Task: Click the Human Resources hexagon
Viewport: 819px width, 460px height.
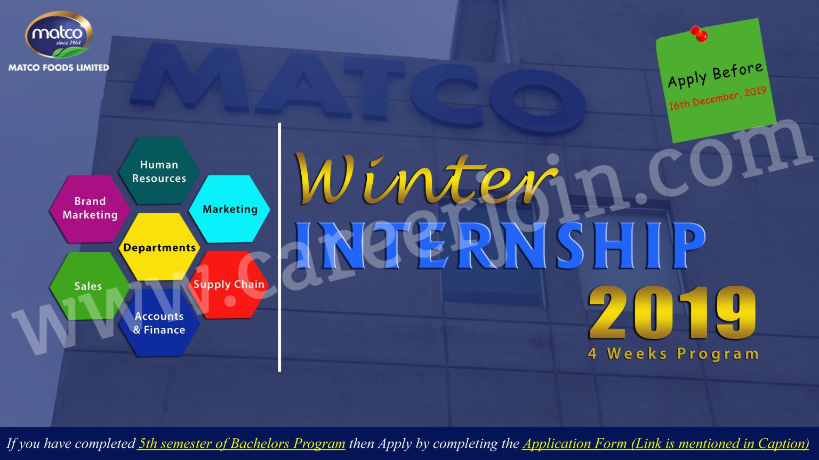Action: coord(159,171)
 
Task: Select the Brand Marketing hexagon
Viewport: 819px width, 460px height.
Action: coord(90,208)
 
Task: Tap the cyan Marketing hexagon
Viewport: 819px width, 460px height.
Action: coord(230,209)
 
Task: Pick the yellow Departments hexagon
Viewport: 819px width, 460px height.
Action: coord(159,247)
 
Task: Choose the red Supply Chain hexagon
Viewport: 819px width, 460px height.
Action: coord(229,285)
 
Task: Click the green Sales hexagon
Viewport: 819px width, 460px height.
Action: coord(89,286)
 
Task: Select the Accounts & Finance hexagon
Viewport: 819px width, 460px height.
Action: coord(159,322)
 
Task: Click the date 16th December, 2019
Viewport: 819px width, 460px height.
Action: coord(717,98)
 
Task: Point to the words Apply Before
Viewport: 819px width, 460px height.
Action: coord(715,75)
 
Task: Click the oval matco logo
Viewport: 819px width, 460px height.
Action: coord(59,34)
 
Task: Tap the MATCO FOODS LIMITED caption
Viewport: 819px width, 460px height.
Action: coord(59,68)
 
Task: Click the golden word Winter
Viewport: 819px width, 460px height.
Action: coord(426,179)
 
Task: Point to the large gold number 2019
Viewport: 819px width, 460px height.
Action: coord(672,313)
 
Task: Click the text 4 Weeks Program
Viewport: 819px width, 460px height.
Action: coord(673,354)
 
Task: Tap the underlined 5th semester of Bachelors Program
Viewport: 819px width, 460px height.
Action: coord(242,443)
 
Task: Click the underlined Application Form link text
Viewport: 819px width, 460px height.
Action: coord(666,443)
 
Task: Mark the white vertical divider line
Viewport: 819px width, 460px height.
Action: coord(280,247)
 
